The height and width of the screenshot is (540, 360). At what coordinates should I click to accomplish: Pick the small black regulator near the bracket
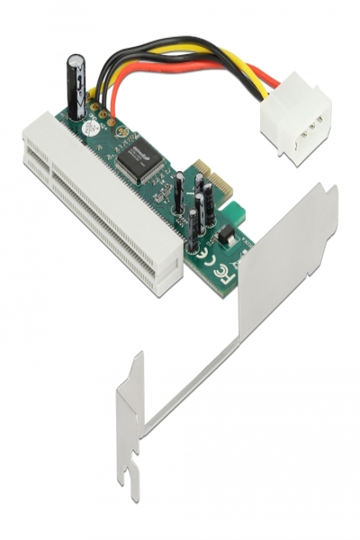tap(226, 236)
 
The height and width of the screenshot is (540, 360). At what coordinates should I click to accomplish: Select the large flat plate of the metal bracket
tap(285, 261)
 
